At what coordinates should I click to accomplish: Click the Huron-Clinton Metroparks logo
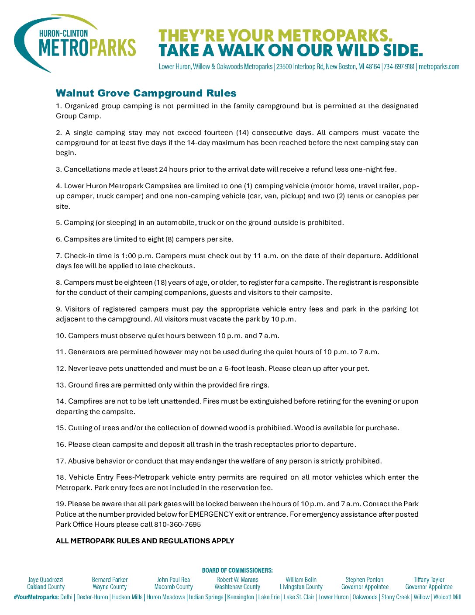click(75, 43)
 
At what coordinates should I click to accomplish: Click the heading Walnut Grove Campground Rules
click(146, 93)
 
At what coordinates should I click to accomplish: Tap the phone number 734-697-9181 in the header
click(399, 67)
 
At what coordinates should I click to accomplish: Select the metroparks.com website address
click(439, 67)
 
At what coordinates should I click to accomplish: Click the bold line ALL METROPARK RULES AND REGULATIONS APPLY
click(145, 541)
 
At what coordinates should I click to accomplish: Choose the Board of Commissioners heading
click(237, 570)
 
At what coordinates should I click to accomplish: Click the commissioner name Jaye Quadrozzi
click(46, 580)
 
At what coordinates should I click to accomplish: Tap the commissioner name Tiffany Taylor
click(429, 580)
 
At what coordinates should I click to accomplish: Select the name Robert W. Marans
click(237, 580)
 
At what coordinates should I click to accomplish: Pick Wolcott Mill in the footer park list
click(447, 597)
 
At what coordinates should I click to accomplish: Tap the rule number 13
click(60, 385)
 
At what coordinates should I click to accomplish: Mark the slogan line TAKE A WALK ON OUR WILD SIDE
click(290, 51)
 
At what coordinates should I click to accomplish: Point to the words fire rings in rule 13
click(253, 385)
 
